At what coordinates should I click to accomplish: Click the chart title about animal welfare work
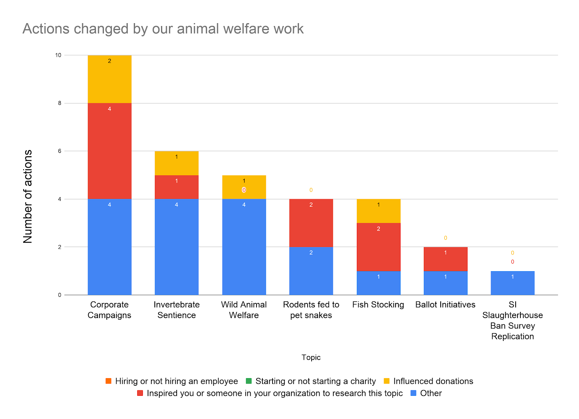[x=163, y=29]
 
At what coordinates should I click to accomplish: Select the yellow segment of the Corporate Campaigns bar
[x=109, y=80]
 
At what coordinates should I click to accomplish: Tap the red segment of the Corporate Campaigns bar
[x=109, y=151]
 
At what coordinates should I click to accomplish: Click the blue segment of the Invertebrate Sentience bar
[x=177, y=247]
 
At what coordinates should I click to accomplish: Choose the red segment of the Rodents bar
[x=311, y=223]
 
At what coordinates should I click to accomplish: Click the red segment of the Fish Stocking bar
[x=379, y=247]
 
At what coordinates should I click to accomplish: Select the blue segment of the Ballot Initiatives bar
[x=445, y=283]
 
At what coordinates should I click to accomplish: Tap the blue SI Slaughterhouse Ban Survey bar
[x=512, y=283]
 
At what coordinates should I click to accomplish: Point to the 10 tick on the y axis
[x=58, y=55]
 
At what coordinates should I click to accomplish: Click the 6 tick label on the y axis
[x=60, y=151]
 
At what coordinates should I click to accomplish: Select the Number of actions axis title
[x=28, y=196]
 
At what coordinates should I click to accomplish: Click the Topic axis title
[x=311, y=358]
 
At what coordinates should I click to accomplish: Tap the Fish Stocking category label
[x=378, y=305]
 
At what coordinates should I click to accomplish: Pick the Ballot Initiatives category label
[x=445, y=305]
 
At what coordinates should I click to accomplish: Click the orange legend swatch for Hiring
[x=109, y=381]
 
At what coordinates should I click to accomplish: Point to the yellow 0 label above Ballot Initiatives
[x=445, y=238]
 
